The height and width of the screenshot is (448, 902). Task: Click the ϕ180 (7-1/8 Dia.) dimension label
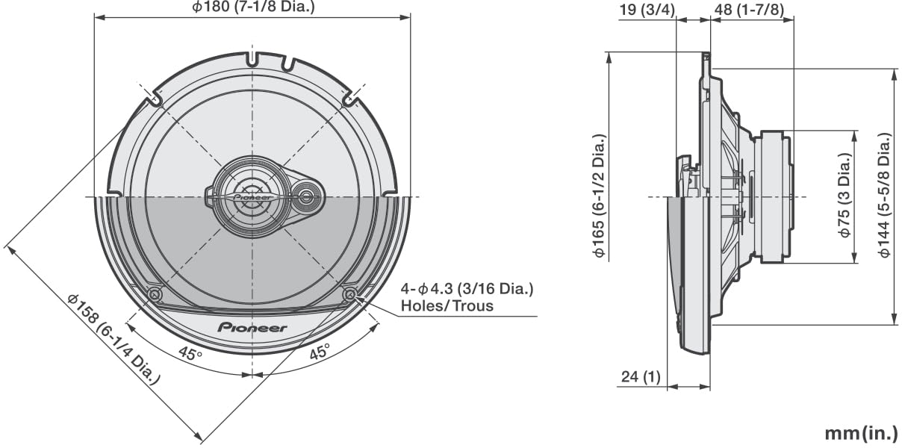[x=253, y=7]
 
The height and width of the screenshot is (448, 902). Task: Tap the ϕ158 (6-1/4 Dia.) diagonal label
[x=113, y=338]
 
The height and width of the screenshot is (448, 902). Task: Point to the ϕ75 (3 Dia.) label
[x=845, y=196]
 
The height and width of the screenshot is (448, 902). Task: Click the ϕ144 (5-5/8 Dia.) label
[x=885, y=196]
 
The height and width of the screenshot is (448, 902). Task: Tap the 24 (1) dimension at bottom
[x=640, y=378]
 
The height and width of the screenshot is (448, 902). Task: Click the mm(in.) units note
[x=861, y=433]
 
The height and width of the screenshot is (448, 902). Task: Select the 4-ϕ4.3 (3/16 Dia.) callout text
[x=467, y=289]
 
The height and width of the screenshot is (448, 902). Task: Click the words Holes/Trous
[x=447, y=306]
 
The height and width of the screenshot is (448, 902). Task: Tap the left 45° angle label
[x=190, y=353]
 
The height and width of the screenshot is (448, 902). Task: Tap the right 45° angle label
[x=320, y=353]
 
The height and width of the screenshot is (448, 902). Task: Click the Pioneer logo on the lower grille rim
[x=252, y=328]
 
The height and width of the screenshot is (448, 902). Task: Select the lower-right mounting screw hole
[x=349, y=294]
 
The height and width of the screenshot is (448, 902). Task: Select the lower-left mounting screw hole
[x=155, y=295]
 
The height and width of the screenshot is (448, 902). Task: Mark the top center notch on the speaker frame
[x=252, y=57]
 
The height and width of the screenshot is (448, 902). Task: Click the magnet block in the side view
[x=772, y=196]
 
